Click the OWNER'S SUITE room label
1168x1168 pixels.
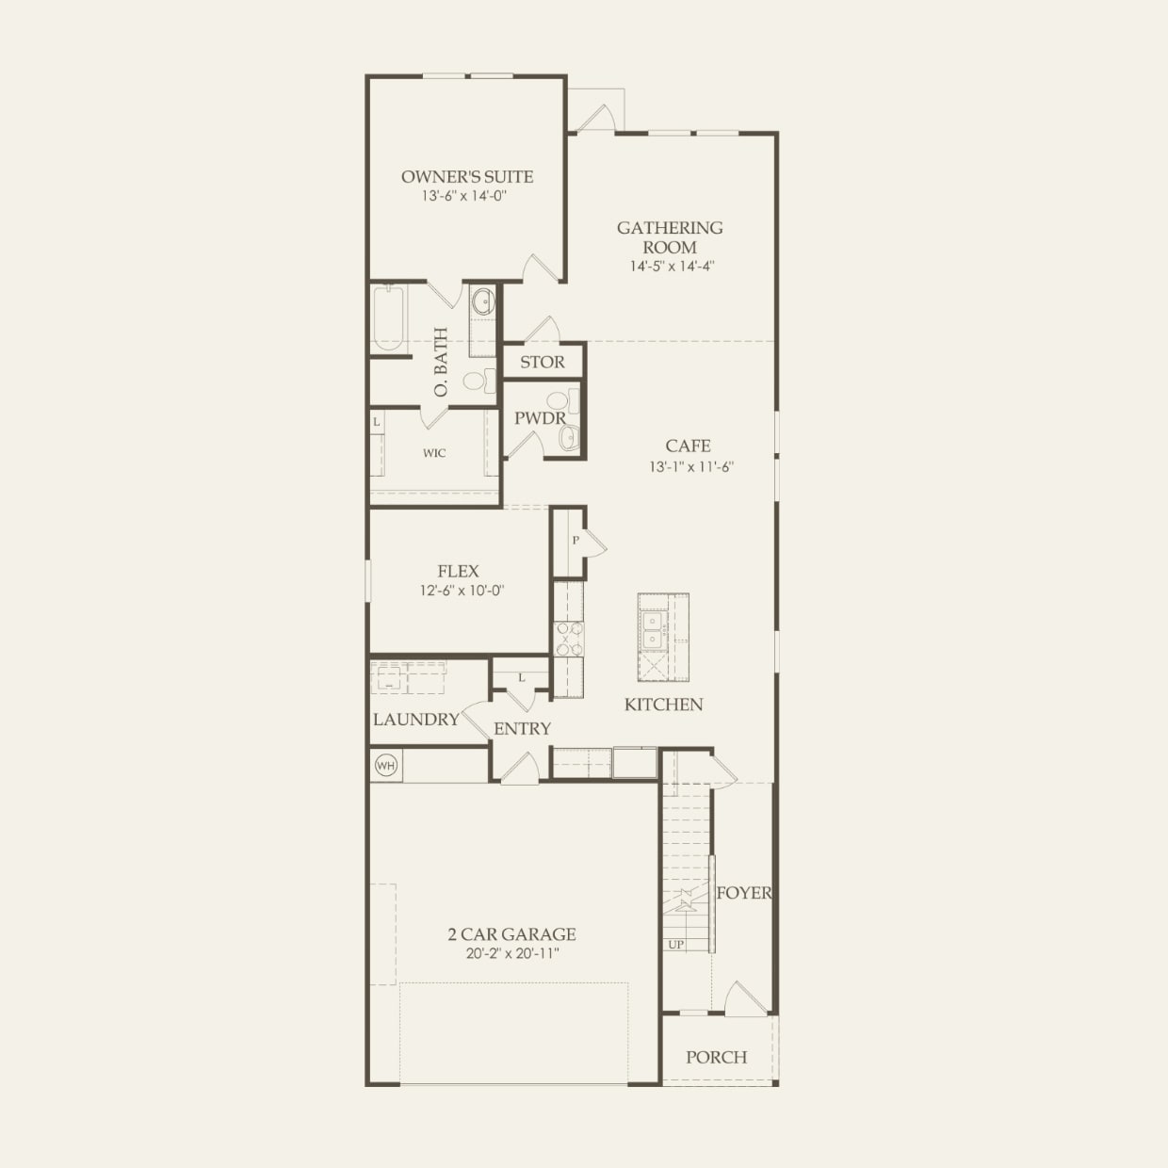click(x=467, y=176)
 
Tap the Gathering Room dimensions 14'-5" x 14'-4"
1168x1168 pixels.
click(x=672, y=266)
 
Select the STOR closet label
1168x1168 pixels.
click(x=543, y=362)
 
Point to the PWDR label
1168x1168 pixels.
click(x=540, y=418)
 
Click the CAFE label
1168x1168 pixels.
click(x=688, y=446)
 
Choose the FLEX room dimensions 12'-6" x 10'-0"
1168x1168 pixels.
click(x=462, y=591)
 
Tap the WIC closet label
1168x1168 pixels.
click(x=434, y=453)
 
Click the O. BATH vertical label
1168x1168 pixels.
click(x=441, y=362)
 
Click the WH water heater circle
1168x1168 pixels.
click(x=385, y=765)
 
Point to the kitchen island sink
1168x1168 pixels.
click(x=652, y=630)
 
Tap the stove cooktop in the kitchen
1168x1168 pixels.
click(x=568, y=638)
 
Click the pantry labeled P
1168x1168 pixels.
click(x=575, y=541)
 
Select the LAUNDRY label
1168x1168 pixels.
click(x=416, y=719)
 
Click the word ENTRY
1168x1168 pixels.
click(x=522, y=728)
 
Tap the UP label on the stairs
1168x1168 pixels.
click(x=676, y=944)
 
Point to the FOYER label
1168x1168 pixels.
click(x=744, y=892)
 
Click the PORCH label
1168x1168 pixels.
click(x=716, y=1057)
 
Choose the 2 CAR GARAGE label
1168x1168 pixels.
click(x=511, y=933)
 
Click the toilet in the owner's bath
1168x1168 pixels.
click(x=479, y=381)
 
